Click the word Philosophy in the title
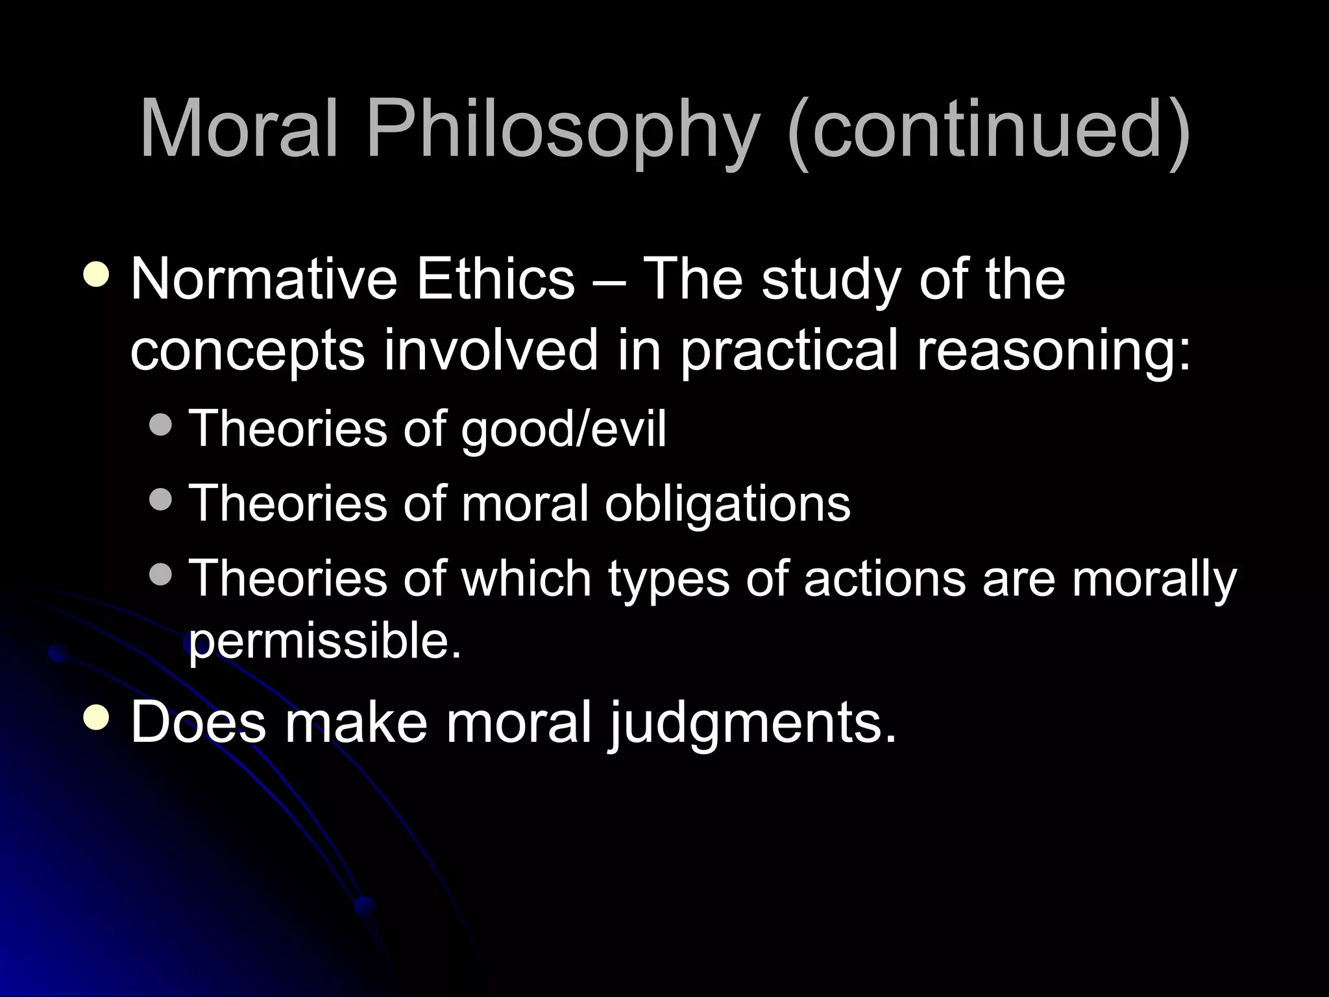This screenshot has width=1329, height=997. pyautogui.click(x=561, y=130)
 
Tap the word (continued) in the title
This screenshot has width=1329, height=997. pyautogui.click(x=988, y=130)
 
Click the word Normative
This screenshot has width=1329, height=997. pyautogui.click(x=263, y=279)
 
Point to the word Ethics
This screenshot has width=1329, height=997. pyautogui.click(x=495, y=279)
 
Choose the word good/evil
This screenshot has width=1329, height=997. pyautogui.click(x=563, y=430)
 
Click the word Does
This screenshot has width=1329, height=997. pyautogui.click(x=198, y=722)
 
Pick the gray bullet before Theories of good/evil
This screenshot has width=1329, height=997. pyautogui.click(x=160, y=425)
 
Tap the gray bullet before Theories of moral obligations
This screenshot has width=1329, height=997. pyautogui.click(x=160, y=499)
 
